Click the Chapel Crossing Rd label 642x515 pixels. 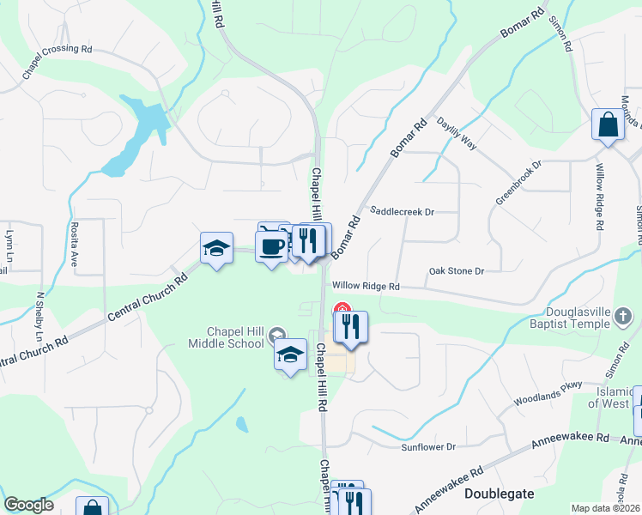pos(58,62)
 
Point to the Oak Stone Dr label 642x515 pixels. pos(457,271)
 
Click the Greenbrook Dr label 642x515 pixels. pos(518,182)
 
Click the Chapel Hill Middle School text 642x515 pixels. pos(225,337)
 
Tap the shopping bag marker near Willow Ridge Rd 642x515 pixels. pos(608,125)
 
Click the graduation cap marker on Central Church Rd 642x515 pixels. pos(216,249)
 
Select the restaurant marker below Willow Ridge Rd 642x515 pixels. pos(351,327)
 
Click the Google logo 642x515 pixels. pos(28,505)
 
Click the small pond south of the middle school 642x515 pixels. pos(242,424)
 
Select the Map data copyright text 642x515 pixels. pos(606,508)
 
